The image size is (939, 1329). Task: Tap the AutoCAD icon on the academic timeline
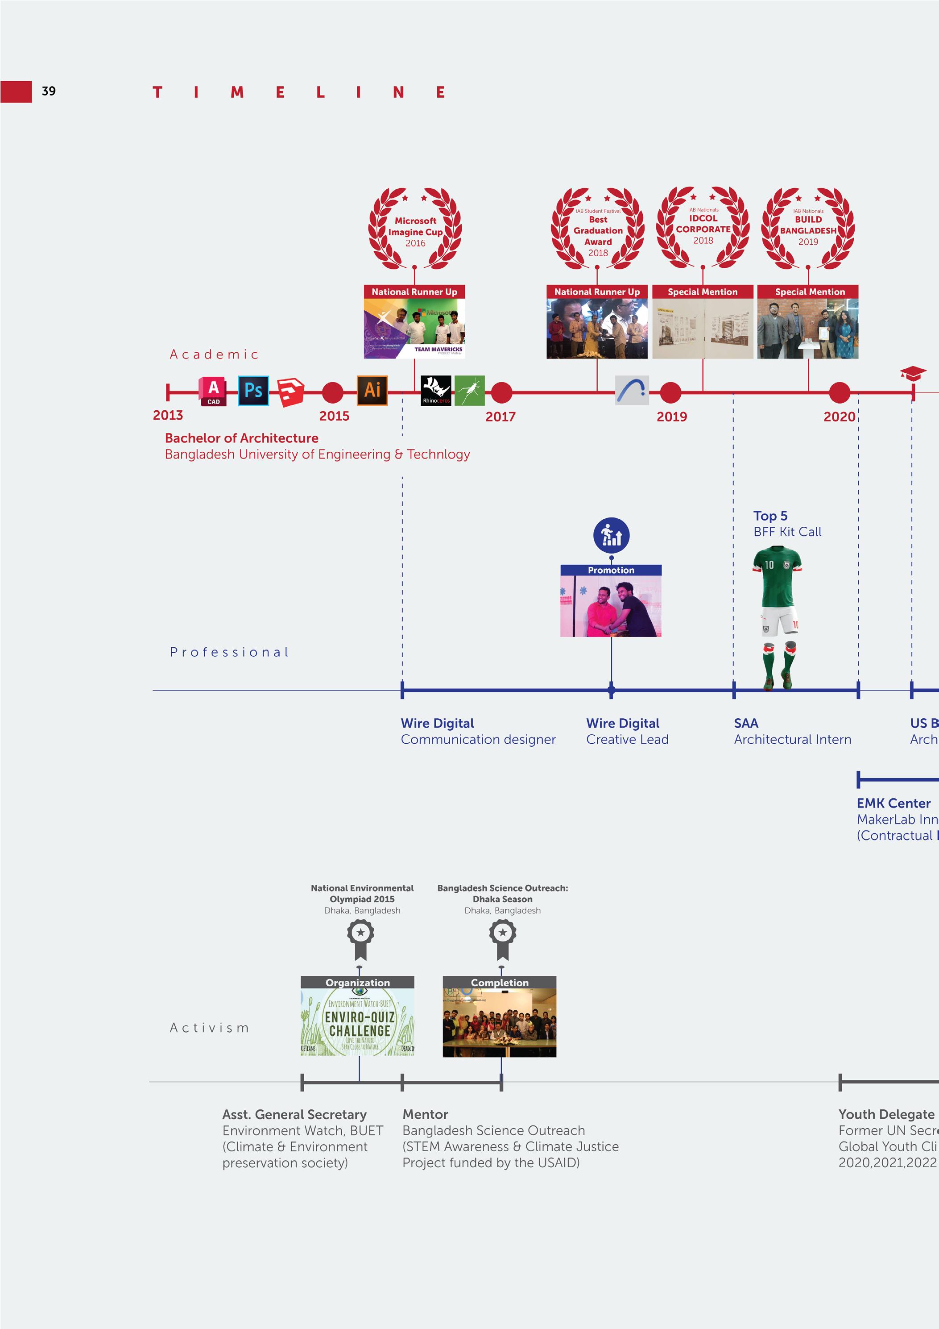[213, 392]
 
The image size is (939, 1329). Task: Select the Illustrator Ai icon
[372, 390]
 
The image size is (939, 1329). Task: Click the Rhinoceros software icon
[436, 391]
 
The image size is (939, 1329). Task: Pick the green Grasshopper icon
[469, 391]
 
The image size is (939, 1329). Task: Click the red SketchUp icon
[290, 392]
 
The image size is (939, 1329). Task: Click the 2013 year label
[168, 415]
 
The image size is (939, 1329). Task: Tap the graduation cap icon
[913, 373]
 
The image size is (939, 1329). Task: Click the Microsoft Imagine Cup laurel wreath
[415, 229]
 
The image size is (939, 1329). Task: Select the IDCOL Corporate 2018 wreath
[703, 228]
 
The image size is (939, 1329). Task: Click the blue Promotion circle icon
[611, 535]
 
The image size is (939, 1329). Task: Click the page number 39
[49, 91]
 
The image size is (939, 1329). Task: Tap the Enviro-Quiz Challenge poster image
[358, 1022]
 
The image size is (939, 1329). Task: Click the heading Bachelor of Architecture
[241, 438]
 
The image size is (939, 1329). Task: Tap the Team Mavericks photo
[414, 328]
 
